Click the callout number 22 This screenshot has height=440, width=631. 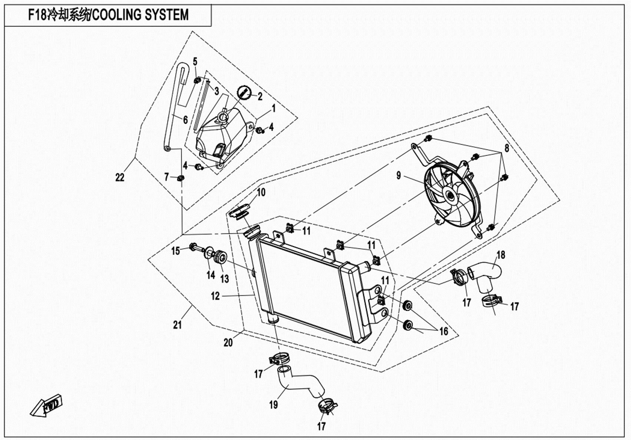click(x=120, y=178)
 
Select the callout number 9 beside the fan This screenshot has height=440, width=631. click(x=399, y=175)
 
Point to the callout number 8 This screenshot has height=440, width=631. click(x=507, y=148)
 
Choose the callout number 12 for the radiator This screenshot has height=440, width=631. click(x=215, y=296)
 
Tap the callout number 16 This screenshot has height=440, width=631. click(x=444, y=331)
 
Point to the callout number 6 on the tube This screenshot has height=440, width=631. click(x=185, y=119)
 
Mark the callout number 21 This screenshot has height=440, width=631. click(x=177, y=325)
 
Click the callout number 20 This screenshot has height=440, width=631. click(x=228, y=343)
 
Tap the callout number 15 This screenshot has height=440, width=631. click(x=175, y=251)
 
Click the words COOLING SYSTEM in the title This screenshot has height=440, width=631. click(x=140, y=15)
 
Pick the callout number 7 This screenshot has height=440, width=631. click(x=166, y=177)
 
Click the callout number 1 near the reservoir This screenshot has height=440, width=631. click(x=273, y=109)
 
